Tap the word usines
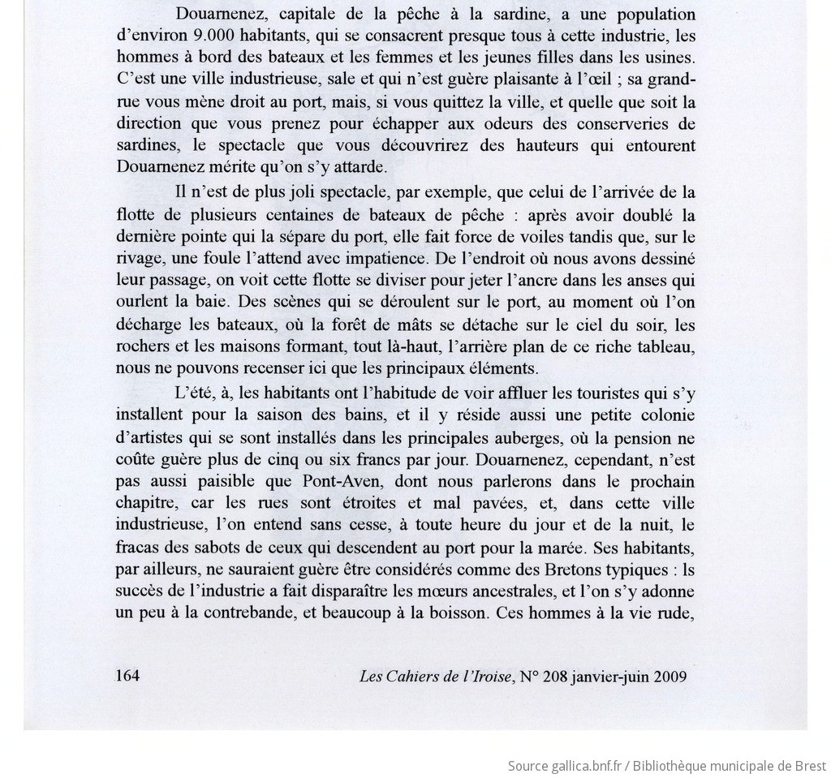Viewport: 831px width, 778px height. [x=670, y=58]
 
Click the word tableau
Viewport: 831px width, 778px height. [x=665, y=347]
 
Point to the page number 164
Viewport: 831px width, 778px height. [x=128, y=676]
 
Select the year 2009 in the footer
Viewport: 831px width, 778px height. [x=670, y=677]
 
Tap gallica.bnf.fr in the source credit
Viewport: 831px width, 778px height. [x=583, y=766]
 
